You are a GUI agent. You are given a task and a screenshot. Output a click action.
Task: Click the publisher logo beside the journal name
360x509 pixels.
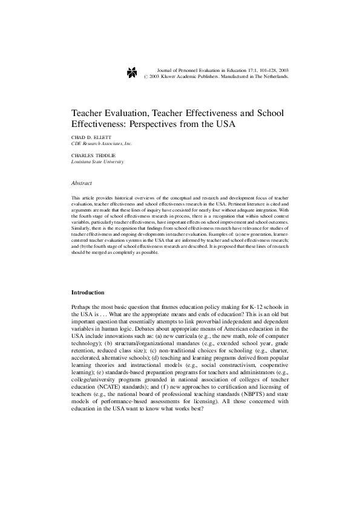(x=133, y=73)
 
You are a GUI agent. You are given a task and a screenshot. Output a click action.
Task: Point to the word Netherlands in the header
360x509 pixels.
(x=273, y=77)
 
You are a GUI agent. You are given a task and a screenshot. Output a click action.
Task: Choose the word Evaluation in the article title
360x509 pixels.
(x=126, y=113)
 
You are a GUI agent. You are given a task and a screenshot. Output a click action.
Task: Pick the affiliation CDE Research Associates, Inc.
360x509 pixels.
(x=102, y=144)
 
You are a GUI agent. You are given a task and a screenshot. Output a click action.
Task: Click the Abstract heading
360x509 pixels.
(x=81, y=182)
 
